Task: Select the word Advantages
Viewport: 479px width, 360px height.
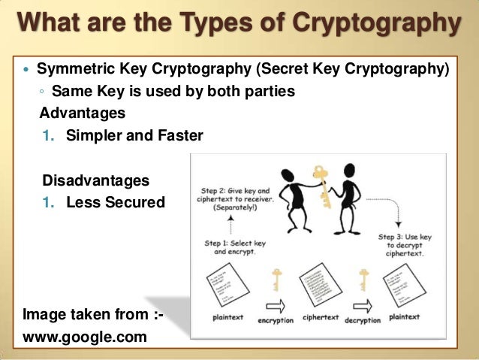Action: (x=83, y=113)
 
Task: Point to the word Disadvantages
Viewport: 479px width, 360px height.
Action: (x=96, y=181)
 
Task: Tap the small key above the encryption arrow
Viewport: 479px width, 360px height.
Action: (x=276, y=279)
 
